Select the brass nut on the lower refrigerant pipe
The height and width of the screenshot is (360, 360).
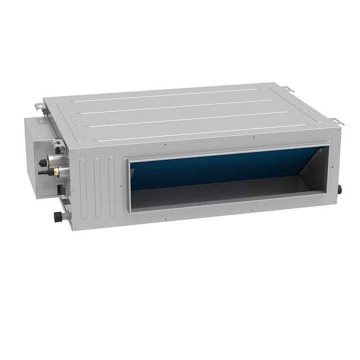[x=57, y=171]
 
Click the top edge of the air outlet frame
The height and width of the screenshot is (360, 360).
[x=227, y=151]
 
